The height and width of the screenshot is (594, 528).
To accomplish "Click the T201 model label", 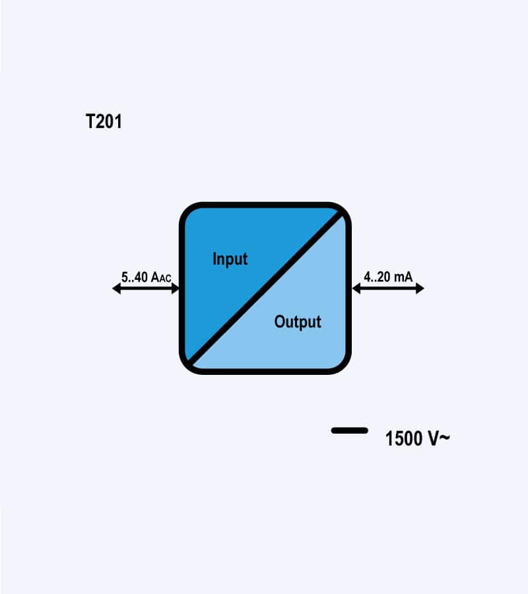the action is [x=104, y=121].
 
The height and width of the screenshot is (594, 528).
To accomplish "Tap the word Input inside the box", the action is [x=230, y=259].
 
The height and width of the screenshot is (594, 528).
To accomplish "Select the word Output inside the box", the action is [x=298, y=322].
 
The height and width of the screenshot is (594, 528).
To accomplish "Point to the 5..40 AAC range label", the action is [x=147, y=277].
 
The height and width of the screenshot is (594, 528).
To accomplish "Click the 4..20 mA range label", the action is [x=388, y=277].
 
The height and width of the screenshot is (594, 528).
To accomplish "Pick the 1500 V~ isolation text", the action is [x=417, y=438].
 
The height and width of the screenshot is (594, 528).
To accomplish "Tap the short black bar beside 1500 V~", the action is [x=350, y=430].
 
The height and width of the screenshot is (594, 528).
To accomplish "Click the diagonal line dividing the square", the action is [x=265, y=288].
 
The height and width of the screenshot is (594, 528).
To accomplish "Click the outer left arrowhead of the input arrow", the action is [x=116, y=288].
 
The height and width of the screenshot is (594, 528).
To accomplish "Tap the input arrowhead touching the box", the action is [x=176, y=288].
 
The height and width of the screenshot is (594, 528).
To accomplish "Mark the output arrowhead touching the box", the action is [x=356, y=288].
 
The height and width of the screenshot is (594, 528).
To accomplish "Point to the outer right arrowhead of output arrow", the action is [x=420, y=288].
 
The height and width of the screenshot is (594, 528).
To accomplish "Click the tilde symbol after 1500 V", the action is [x=445, y=438].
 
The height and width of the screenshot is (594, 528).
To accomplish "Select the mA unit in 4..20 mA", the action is [x=403, y=277].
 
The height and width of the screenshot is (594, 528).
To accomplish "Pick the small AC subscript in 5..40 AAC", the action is [x=165, y=279].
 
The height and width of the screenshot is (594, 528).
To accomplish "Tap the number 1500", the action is [x=404, y=438].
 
